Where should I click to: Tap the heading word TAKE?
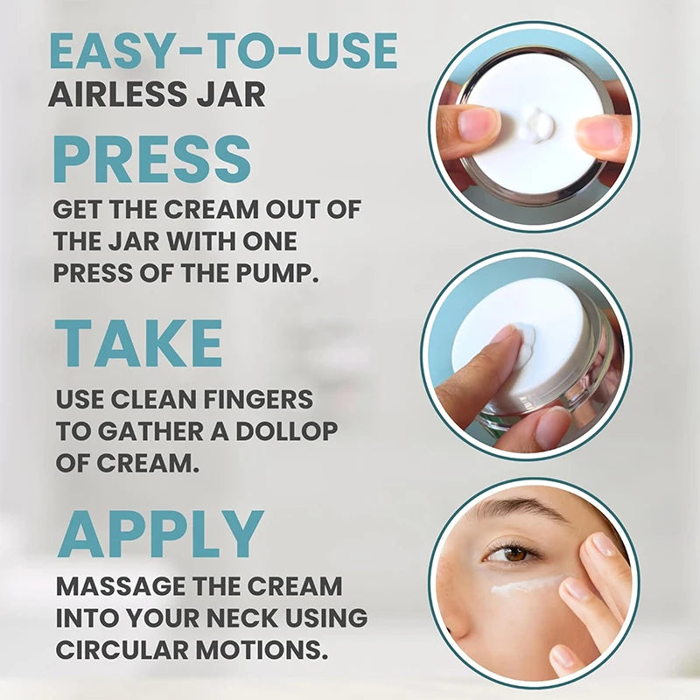click(138, 343)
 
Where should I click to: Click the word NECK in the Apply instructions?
click(243, 618)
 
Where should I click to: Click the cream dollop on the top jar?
click(535, 123)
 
